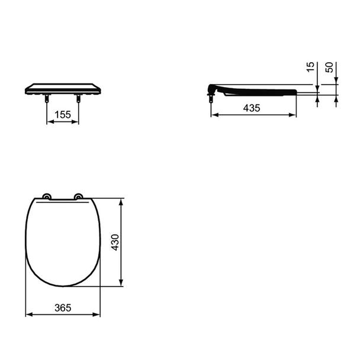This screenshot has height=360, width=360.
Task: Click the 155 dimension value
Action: pos(63,115)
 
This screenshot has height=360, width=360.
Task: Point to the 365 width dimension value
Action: pos(62,307)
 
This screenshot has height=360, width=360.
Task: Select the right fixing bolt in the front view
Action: pos(78,100)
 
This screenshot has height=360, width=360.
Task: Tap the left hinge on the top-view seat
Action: pos(47,197)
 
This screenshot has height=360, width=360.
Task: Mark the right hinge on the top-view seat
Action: pos(78,197)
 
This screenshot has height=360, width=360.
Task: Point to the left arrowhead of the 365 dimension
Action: pos(28,314)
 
